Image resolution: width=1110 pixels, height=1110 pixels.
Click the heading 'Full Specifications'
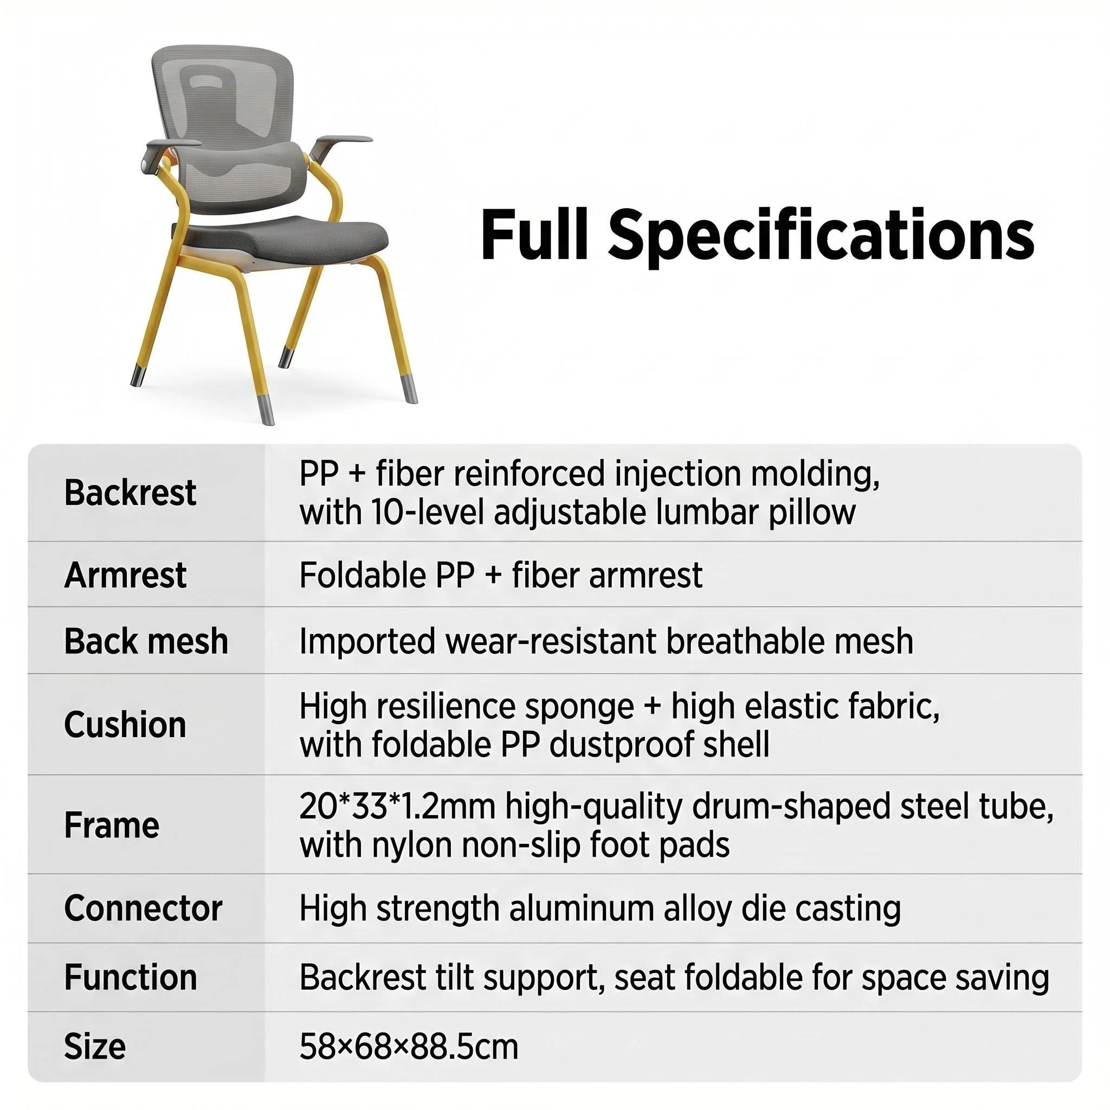click(x=757, y=236)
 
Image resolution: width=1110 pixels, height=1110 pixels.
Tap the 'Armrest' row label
click(x=125, y=575)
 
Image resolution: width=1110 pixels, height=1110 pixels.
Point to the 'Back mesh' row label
click(x=146, y=641)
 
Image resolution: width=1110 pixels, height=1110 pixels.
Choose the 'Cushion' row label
click(x=125, y=724)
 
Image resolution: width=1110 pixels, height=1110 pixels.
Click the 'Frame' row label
click(x=112, y=825)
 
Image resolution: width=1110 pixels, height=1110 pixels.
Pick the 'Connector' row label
click(x=143, y=908)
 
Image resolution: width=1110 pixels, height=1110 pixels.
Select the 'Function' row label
click(x=131, y=977)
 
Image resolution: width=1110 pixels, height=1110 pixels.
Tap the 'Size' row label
click(x=95, y=1046)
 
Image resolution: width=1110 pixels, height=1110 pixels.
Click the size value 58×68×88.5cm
click(x=409, y=1047)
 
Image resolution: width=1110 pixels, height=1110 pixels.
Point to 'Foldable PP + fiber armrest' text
click(x=501, y=575)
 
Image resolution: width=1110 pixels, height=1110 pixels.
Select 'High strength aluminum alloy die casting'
click(x=601, y=909)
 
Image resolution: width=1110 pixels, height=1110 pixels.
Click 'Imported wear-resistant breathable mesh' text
click(x=606, y=641)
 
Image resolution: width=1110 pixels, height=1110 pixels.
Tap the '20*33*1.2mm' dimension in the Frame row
click(x=397, y=806)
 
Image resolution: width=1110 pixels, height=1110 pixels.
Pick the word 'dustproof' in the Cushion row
click(x=619, y=745)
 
